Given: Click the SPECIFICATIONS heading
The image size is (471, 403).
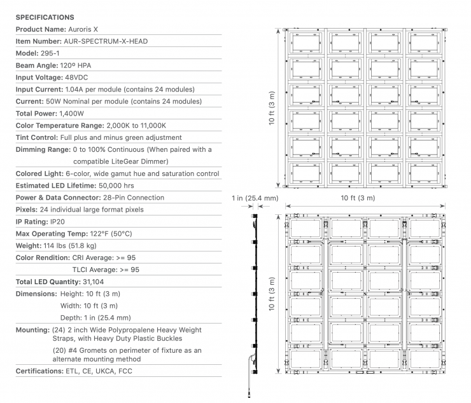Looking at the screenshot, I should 45,17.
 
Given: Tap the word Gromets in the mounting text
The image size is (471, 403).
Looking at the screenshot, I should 94,350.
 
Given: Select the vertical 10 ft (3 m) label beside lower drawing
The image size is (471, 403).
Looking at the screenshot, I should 272,294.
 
